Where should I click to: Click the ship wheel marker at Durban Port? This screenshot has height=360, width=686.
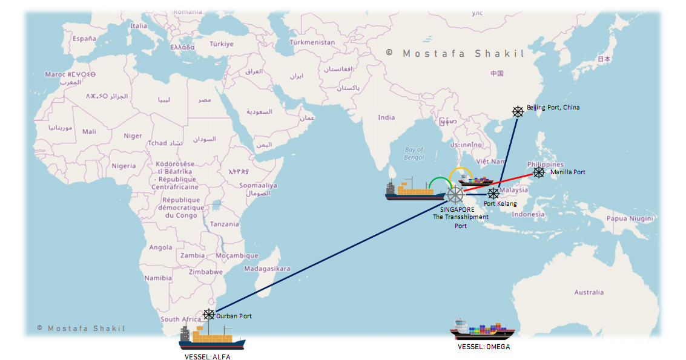pos(209,315)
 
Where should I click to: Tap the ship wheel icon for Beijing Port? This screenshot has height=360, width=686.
pos(518,111)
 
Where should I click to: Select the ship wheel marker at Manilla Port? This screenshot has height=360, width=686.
pos(539,172)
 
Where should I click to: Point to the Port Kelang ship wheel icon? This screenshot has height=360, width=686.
pos(493,194)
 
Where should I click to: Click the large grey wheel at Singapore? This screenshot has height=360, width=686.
pos(455,195)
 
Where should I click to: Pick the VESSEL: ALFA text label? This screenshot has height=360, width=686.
pos(208,357)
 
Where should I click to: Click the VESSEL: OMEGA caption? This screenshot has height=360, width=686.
pos(484,347)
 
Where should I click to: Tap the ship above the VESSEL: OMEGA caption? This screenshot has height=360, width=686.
pos(483,330)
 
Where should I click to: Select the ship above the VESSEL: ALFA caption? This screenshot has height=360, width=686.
pos(212,337)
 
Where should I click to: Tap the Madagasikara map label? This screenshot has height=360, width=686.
pos(267,269)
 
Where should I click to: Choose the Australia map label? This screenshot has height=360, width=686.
pos(589,292)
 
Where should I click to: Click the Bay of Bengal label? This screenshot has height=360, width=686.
pos(414,154)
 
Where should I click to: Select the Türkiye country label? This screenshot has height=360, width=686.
pos(221,44)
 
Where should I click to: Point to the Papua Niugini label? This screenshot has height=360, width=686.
pos(630,218)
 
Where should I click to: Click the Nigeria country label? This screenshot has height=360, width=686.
pos(124,166)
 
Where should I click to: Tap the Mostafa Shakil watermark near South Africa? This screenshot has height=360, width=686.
pos(80,328)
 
